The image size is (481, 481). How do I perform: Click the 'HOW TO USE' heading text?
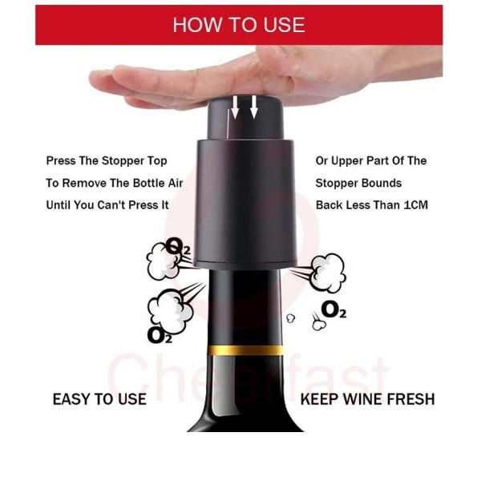239,25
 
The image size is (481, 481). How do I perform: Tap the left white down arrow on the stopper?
235,107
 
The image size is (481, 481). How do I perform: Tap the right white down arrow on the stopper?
253,107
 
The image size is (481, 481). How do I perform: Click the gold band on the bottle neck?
245,350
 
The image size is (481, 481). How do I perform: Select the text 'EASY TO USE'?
99,399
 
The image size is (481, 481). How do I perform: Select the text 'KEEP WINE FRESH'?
367,399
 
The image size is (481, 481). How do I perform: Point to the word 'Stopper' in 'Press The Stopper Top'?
123,161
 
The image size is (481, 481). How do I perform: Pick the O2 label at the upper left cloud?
178,246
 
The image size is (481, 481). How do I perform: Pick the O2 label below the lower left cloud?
160,335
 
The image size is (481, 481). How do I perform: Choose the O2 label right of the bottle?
333,309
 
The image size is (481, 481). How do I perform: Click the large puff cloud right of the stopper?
327,273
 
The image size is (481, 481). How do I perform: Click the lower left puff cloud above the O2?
169,310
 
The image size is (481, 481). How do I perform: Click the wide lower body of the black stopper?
245,204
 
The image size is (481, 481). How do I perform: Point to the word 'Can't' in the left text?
111,205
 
